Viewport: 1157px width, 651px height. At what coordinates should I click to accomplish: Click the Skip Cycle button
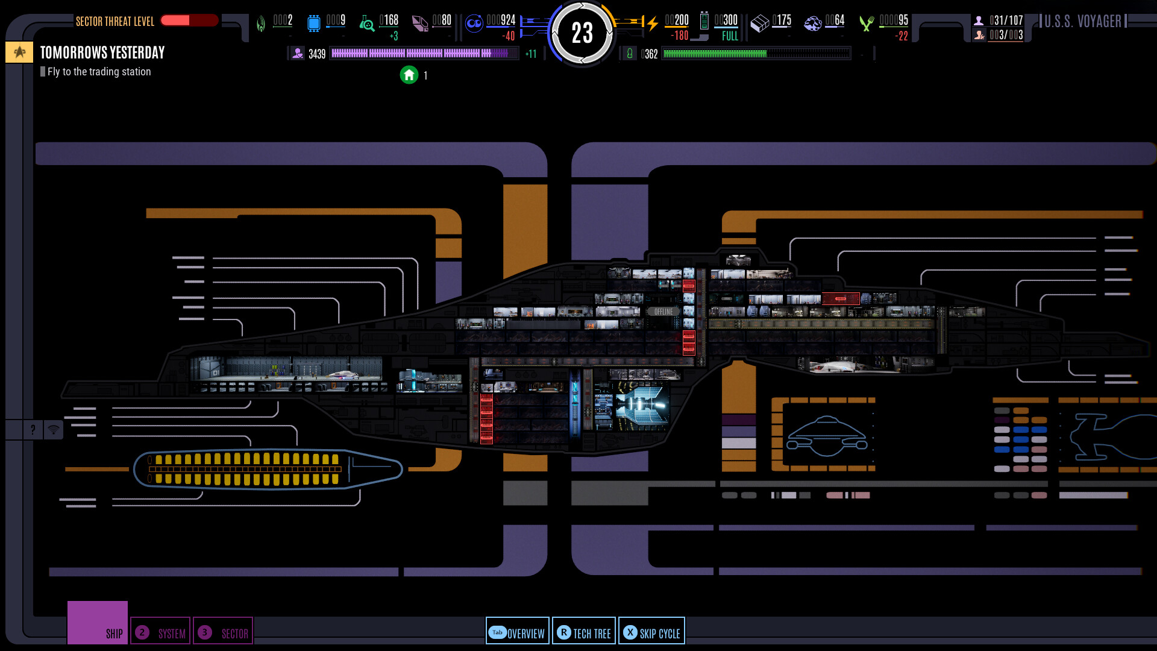pos(651,632)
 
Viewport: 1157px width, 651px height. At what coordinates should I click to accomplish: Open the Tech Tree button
pos(584,632)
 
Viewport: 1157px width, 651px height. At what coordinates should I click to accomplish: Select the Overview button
pos(518,632)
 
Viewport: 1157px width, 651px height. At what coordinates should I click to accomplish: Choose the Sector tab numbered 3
pos(223,632)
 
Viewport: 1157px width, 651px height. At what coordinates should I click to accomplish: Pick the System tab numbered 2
pos(160,632)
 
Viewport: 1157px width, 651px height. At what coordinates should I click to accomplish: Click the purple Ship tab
pos(98,623)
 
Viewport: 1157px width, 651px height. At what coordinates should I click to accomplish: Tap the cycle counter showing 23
pos(582,33)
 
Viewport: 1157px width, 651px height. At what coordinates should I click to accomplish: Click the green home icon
pos(409,75)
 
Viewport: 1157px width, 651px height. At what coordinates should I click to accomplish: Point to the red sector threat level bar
pos(189,20)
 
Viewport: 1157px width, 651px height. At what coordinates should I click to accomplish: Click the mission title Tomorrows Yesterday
pos(102,52)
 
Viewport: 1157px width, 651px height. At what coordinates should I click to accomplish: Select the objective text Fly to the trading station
pos(99,72)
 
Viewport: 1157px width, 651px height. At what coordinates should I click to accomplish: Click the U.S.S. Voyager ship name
pos(1082,22)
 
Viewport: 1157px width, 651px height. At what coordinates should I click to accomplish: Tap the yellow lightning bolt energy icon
pos(652,24)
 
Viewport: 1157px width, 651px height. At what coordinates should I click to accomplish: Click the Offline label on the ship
pos(663,312)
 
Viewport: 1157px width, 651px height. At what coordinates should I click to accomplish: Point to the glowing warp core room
pos(641,406)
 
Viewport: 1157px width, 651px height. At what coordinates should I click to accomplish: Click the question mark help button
pos(33,430)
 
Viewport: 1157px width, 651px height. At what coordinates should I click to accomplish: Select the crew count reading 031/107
pos(1006,20)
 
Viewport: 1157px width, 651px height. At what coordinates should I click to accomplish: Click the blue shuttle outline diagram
pos(827,436)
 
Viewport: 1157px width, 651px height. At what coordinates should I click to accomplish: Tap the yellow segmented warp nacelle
pos(247,469)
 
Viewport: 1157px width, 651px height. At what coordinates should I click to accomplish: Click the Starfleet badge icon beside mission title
pos(19,52)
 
